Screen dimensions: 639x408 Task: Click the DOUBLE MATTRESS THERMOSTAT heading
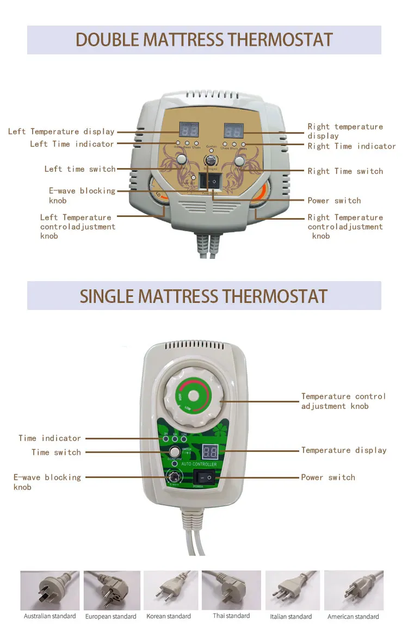(204, 40)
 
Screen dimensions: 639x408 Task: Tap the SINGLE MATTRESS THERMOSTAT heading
(204, 296)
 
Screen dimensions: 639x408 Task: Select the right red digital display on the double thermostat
(233, 131)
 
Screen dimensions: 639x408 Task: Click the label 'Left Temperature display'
(61, 132)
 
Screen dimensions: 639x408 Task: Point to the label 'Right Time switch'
(345, 171)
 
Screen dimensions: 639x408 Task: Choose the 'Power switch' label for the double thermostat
(334, 201)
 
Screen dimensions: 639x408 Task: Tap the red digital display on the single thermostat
(210, 451)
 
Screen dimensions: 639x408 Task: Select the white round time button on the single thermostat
(174, 451)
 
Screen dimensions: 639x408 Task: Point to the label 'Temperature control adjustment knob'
(343, 401)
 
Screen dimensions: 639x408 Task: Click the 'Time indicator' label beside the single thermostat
(50, 438)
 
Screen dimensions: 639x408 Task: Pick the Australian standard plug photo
(50, 591)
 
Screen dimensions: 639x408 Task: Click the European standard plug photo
(112, 591)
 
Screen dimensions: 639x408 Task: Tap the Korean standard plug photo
(169, 591)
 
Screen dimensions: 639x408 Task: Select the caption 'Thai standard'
(232, 616)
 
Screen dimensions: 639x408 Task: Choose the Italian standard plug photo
(291, 591)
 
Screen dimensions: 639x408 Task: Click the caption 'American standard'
(353, 617)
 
